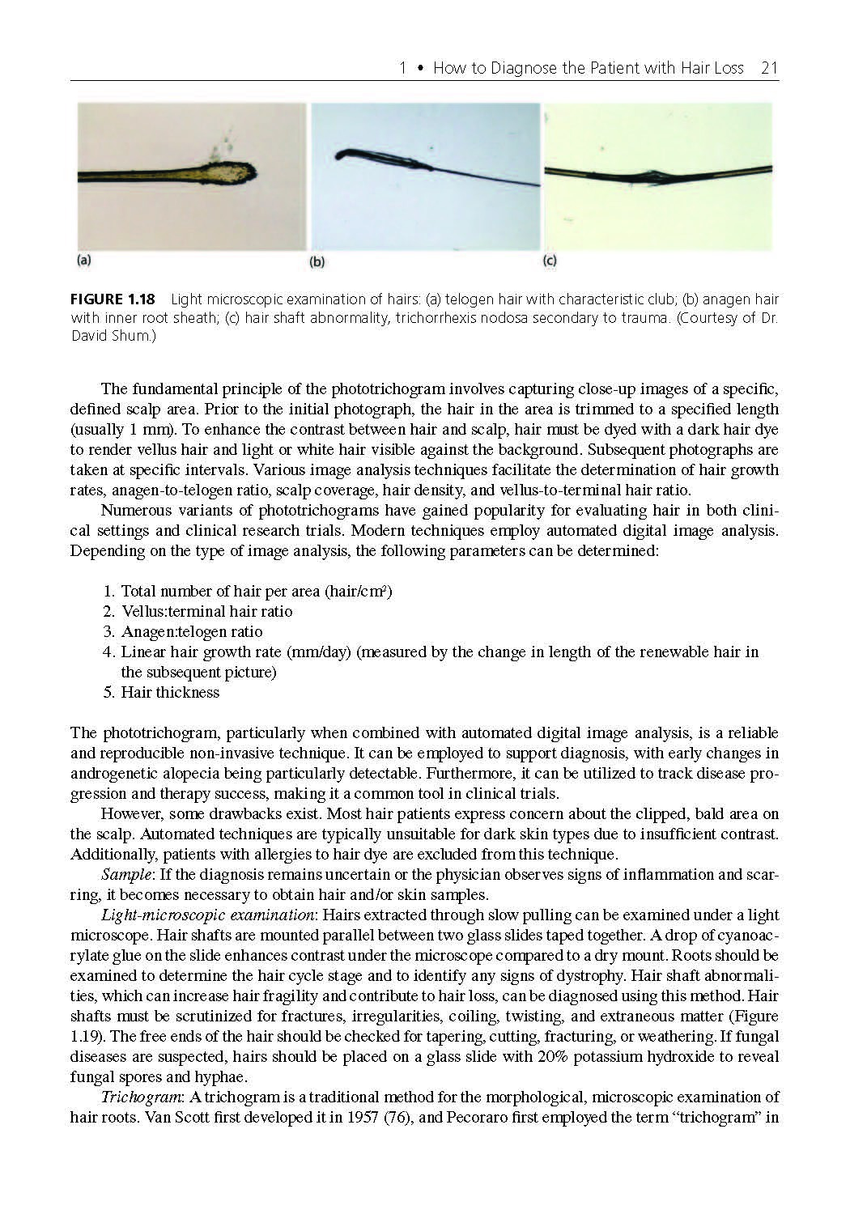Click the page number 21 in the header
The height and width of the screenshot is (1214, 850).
pos(769,68)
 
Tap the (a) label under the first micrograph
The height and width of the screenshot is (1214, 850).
pos(83,261)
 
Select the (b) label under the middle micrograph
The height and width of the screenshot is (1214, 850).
pos(317,261)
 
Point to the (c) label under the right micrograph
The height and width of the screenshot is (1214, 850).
pos(550,261)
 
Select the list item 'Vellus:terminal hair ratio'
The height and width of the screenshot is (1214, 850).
pos(206,611)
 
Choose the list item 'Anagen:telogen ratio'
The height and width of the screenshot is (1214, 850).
pos(192,631)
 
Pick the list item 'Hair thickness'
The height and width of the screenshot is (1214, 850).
pos(170,692)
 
